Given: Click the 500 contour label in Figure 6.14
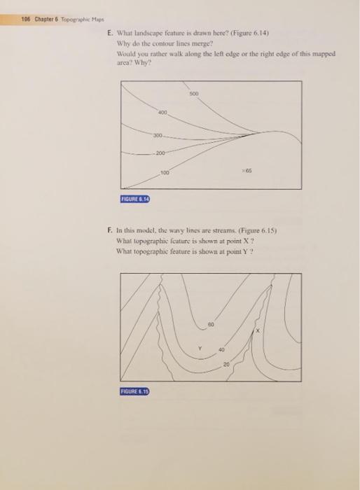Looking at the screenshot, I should pos(193,93).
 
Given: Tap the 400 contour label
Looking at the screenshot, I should pos(162,113).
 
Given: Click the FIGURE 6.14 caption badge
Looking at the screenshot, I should pos(136,200).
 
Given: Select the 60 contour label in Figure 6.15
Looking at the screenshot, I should pos(211,324).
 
